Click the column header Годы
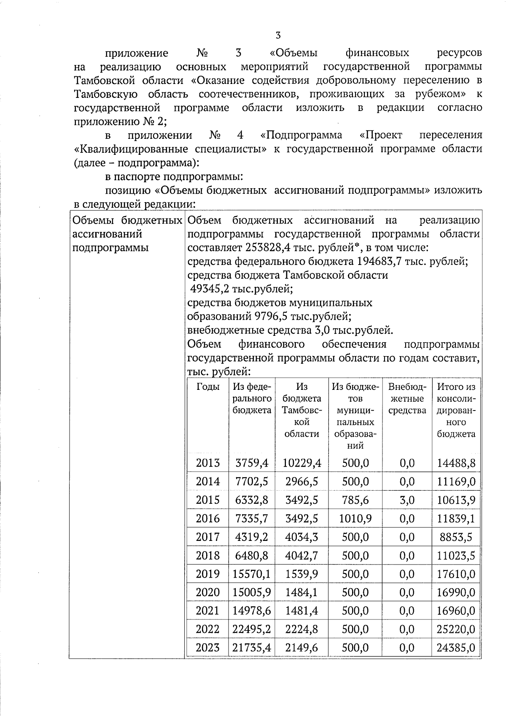pyautogui.click(x=208, y=387)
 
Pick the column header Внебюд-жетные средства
pyautogui.click(x=407, y=398)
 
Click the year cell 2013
pyautogui.click(x=208, y=463)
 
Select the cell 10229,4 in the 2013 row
pyautogui.click(x=301, y=463)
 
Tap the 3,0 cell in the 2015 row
pyautogui.click(x=407, y=500)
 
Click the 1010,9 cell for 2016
pyautogui.click(x=355, y=519)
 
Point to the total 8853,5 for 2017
pyautogui.click(x=456, y=537)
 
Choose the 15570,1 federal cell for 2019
pyautogui.click(x=251, y=574)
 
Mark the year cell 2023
pyautogui.click(x=208, y=648)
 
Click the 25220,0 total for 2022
pyautogui.click(x=456, y=630)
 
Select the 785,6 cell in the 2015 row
pyautogui.click(x=355, y=500)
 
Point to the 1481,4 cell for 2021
pyautogui.click(x=301, y=611)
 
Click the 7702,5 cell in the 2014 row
pyautogui.click(x=251, y=482)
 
